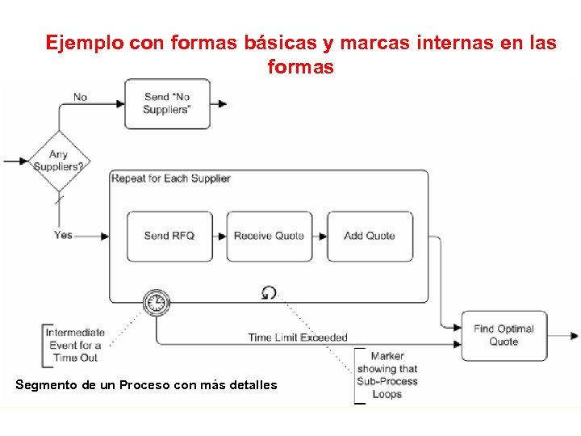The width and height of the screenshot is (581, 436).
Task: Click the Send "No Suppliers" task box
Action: (167, 103)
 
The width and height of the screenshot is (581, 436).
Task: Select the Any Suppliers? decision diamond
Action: (58, 161)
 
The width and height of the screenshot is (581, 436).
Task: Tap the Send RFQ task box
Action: (169, 236)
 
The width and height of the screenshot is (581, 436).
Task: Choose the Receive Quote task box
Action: (269, 236)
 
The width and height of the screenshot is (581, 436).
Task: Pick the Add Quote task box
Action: (370, 236)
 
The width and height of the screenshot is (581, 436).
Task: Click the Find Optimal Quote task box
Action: (504, 335)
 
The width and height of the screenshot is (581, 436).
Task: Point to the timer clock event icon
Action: (156, 303)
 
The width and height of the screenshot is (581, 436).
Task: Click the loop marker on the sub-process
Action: (270, 292)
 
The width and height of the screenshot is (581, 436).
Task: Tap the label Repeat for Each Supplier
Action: (171, 178)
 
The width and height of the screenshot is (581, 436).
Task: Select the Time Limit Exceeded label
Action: (298, 337)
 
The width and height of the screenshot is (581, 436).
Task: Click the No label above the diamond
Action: (80, 97)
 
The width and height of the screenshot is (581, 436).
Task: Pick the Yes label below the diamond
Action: (63, 235)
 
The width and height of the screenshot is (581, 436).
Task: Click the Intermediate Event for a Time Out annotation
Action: (75, 345)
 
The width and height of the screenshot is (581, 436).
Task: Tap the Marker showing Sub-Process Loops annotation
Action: (387, 375)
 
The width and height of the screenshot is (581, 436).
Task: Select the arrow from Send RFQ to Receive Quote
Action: (219, 236)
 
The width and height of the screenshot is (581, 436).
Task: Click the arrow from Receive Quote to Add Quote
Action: (320, 236)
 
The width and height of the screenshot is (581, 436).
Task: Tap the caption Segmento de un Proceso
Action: (145, 385)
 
